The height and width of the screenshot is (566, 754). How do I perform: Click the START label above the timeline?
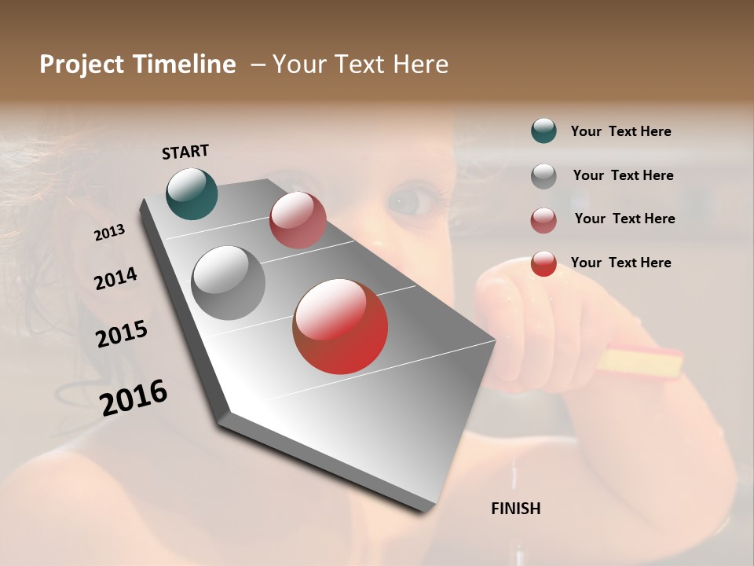[x=185, y=152]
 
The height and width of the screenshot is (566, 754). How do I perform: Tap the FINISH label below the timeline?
[x=515, y=509]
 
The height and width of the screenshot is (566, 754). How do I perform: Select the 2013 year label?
[x=109, y=233]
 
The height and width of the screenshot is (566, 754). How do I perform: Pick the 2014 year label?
[x=115, y=278]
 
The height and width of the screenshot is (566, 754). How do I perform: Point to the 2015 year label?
[x=122, y=334]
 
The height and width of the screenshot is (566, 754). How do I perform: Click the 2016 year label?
[x=134, y=397]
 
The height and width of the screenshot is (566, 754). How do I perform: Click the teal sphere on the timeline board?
[x=192, y=193]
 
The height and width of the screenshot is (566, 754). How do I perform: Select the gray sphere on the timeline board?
[x=228, y=283]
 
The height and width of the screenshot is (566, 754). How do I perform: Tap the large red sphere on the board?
[x=340, y=326]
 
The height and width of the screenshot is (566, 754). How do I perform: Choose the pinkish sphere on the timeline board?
[x=298, y=220]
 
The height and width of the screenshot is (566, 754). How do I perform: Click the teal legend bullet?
[x=544, y=131]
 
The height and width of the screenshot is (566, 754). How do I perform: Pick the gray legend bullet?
[x=544, y=176]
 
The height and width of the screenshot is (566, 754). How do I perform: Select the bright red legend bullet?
[x=544, y=263]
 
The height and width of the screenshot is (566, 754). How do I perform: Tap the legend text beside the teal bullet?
[x=620, y=131]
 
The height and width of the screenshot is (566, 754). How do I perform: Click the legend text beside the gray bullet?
[x=623, y=175]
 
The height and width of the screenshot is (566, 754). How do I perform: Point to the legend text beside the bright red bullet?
[x=620, y=263]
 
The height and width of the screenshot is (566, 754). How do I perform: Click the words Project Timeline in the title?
[x=137, y=64]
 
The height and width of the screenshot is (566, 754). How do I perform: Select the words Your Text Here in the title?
[x=360, y=64]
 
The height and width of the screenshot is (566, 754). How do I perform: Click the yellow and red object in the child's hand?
[x=640, y=361]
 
